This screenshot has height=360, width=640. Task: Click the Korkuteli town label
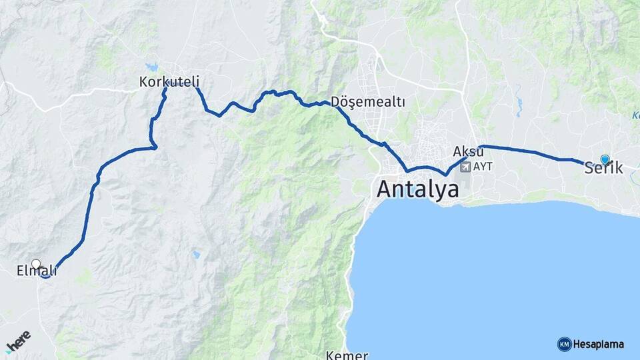tap(169, 82)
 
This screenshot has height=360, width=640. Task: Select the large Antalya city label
tap(418, 189)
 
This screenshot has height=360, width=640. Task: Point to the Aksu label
tap(467, 150)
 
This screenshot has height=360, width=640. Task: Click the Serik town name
tap(603, 169)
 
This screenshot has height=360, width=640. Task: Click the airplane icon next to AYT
tap(465, 166)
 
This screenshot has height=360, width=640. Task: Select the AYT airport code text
tap(483, 166)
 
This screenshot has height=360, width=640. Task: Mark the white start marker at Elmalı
tap(36, 264)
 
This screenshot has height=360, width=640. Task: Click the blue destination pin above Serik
tap(605, 159)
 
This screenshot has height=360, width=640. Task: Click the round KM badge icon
tap(564, 344)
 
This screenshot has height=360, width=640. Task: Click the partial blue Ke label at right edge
tap(635, 115)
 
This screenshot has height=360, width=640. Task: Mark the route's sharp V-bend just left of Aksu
tap(445, 175)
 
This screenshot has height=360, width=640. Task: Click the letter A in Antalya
tap(385, 189)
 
